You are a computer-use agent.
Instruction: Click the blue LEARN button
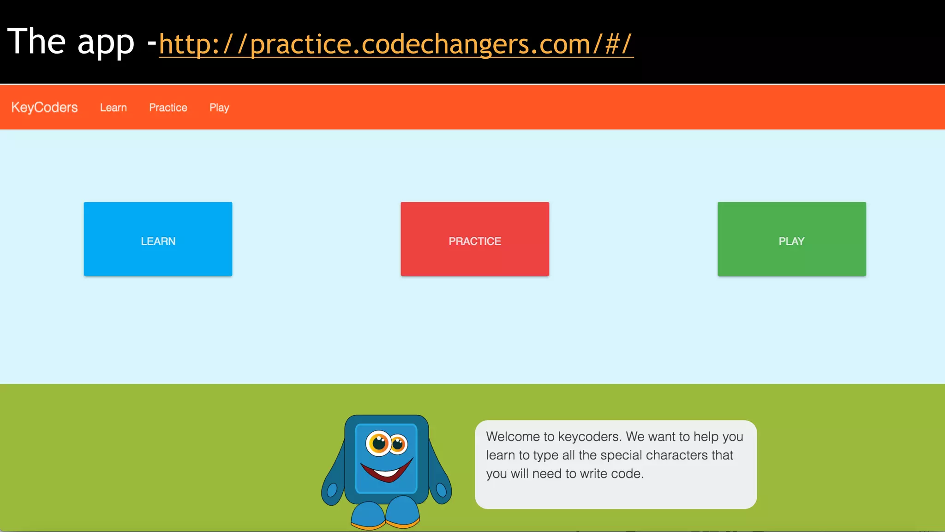pos(158,239)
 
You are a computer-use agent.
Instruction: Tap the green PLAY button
pos(791,239)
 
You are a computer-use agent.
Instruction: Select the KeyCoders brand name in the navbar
pos(44,107)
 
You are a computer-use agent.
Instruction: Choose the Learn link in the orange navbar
pos(113,108)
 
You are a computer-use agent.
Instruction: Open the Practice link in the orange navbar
pos(168,108)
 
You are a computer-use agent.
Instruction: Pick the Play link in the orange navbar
pos(219,108)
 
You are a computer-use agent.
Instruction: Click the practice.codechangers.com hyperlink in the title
pos(396,44)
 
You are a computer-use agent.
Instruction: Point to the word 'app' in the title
pos(106,42)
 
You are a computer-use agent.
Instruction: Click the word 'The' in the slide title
pos(36,42)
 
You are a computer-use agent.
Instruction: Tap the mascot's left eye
pos(379,443)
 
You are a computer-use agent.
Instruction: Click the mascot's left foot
pos(367,515)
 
